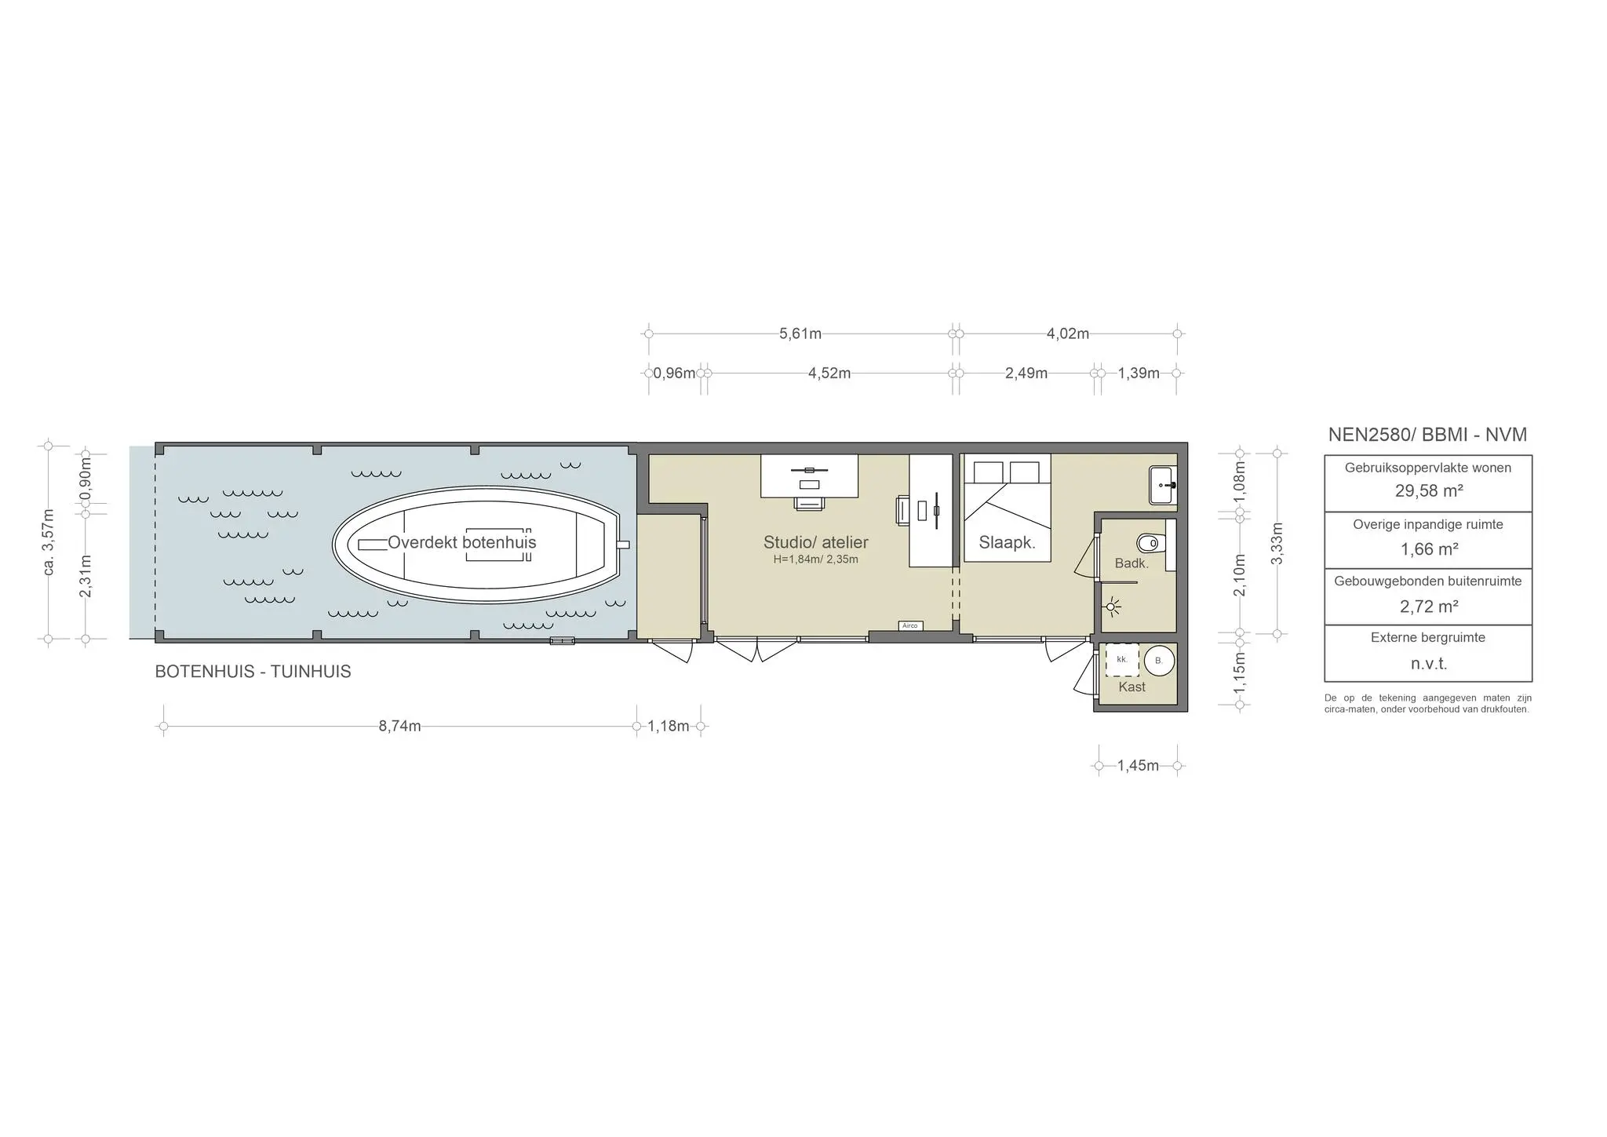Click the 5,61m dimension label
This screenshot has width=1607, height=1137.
point(800,333)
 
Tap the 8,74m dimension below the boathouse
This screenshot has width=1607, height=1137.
point(399,726)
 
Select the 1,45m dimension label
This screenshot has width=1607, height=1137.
point(1138,765)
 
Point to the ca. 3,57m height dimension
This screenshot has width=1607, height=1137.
point(49,541)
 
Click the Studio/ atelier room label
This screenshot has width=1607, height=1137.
point(815,542)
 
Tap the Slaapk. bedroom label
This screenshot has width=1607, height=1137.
point(1007,542)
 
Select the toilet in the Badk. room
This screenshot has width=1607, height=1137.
point(1149,542)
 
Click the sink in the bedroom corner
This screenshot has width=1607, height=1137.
point(1161,485)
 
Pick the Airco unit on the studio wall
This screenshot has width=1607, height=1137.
point(910,625)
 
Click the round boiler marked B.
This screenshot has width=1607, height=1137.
point(1158,661)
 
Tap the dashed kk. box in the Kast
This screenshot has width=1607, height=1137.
point(1122,660)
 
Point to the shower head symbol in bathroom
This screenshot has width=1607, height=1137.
point(1112,606)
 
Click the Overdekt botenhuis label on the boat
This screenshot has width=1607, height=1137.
point(461,542)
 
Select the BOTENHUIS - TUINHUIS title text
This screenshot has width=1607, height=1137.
point(253,672)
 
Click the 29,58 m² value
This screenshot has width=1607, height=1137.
point(1428,491)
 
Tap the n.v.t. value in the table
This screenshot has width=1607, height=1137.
point(1428,664)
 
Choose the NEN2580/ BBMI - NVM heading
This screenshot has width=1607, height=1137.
point(1427,435)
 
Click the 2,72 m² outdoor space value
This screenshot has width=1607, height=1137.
point(1428,607)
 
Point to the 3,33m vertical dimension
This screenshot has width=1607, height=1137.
point(1277,543)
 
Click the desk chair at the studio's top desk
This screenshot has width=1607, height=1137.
point(809,503)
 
